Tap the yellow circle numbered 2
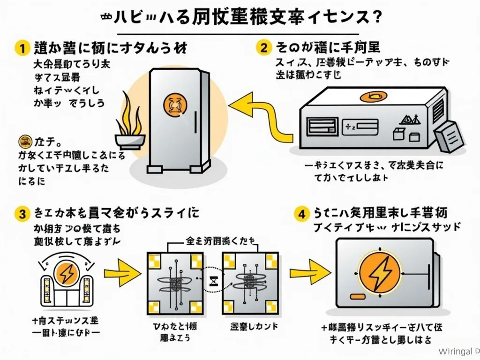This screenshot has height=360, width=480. tap(264, 47)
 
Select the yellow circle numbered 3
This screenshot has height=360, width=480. tap(21, 214)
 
